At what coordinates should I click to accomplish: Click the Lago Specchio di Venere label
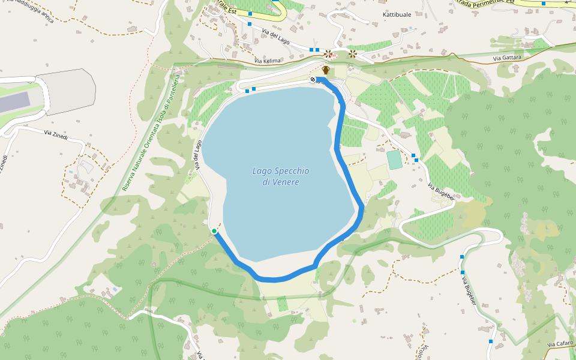click(280, 176)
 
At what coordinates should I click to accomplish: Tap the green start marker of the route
click(214, 231)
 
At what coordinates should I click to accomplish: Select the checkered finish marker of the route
click(313, 80)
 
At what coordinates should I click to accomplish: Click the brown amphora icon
click(326, 70)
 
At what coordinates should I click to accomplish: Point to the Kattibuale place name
click(397, 14)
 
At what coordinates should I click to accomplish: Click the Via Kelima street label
click(267, 61)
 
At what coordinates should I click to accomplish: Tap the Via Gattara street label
click(507, 58)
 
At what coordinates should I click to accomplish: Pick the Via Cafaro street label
click(560, 344)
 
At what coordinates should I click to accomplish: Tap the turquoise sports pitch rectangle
click(394, 160)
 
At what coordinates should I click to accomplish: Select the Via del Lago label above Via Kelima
click(275, 36)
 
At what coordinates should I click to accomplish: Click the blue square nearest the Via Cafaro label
click(491, 341)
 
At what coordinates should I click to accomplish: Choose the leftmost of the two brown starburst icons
click(328, 53)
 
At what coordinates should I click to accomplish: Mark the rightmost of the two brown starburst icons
click(352, 53)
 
